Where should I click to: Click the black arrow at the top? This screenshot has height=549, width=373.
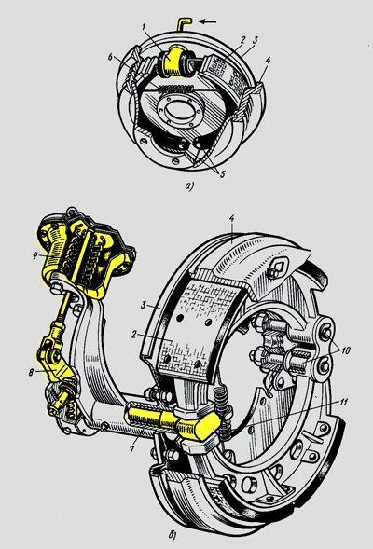[x=207, y=22]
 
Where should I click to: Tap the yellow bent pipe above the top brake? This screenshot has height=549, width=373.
[x=184, y=24]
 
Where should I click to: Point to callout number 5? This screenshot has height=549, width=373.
[x=222, y=173]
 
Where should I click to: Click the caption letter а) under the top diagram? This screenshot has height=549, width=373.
[x=189, y=186]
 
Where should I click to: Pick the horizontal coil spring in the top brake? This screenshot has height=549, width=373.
[x=174, y=89]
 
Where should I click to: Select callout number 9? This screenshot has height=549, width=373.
[x=35, y=256]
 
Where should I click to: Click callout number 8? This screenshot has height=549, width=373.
[x=32, y=373]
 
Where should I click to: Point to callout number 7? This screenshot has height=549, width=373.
[x=131, y=449]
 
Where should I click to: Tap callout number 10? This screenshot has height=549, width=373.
[x=345, y=350]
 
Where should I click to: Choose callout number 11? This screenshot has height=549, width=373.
[x=345, y=402]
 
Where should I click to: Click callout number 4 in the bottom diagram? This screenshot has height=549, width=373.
[x=232, y=218]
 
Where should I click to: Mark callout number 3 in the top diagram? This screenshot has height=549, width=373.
[x=256, y=39]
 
